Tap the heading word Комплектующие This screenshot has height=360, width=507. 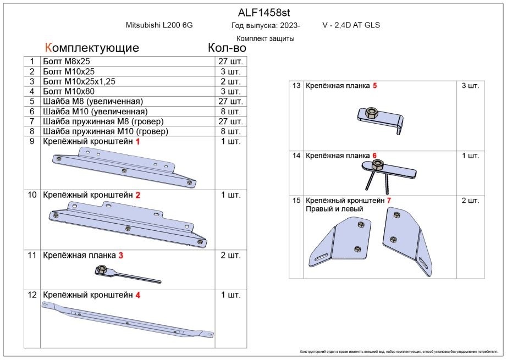92,47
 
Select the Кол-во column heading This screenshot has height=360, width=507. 227,47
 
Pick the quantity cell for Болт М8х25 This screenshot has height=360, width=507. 230,62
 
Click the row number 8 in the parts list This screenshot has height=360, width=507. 32,131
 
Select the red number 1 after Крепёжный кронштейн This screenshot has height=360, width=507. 137,142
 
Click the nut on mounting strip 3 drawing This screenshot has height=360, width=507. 101,269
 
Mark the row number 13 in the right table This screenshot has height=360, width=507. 296,86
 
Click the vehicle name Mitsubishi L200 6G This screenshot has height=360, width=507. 159,25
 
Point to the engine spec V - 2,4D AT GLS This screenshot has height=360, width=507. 351,25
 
